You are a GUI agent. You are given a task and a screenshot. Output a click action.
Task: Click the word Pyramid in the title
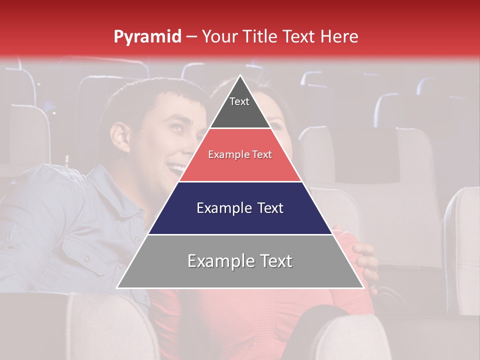tap(147, 37)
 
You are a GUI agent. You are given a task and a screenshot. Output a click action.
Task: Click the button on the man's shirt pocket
tap(87, 258)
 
